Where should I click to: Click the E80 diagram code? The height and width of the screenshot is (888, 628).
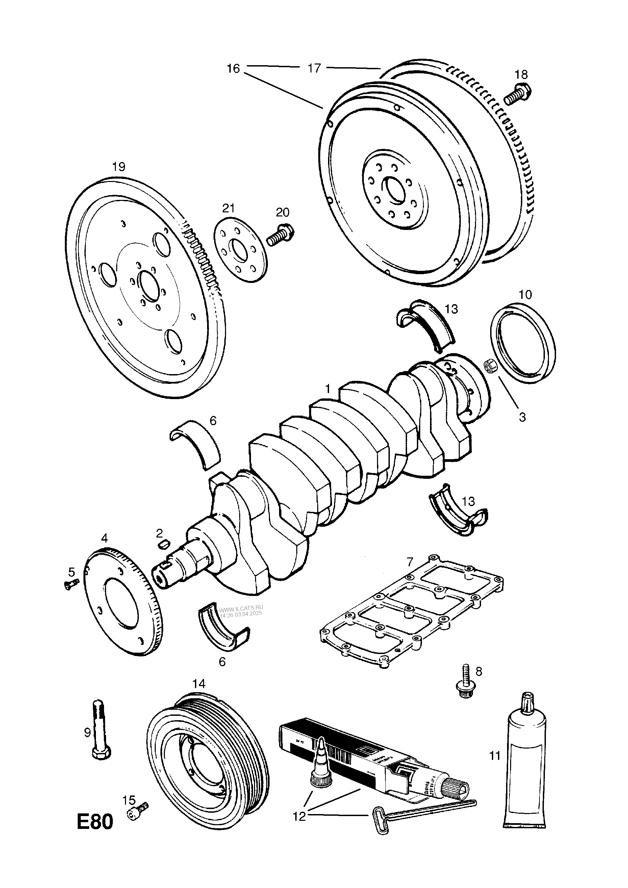pyautogui.click(x=95, y=822)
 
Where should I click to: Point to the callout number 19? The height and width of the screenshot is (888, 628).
pyautogui.click(x=119, y=167)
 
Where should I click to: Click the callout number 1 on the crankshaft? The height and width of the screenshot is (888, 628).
pyautogui.click(x=328, y=389)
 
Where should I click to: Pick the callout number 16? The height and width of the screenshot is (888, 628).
pyautogui.click(x=233, y=69)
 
